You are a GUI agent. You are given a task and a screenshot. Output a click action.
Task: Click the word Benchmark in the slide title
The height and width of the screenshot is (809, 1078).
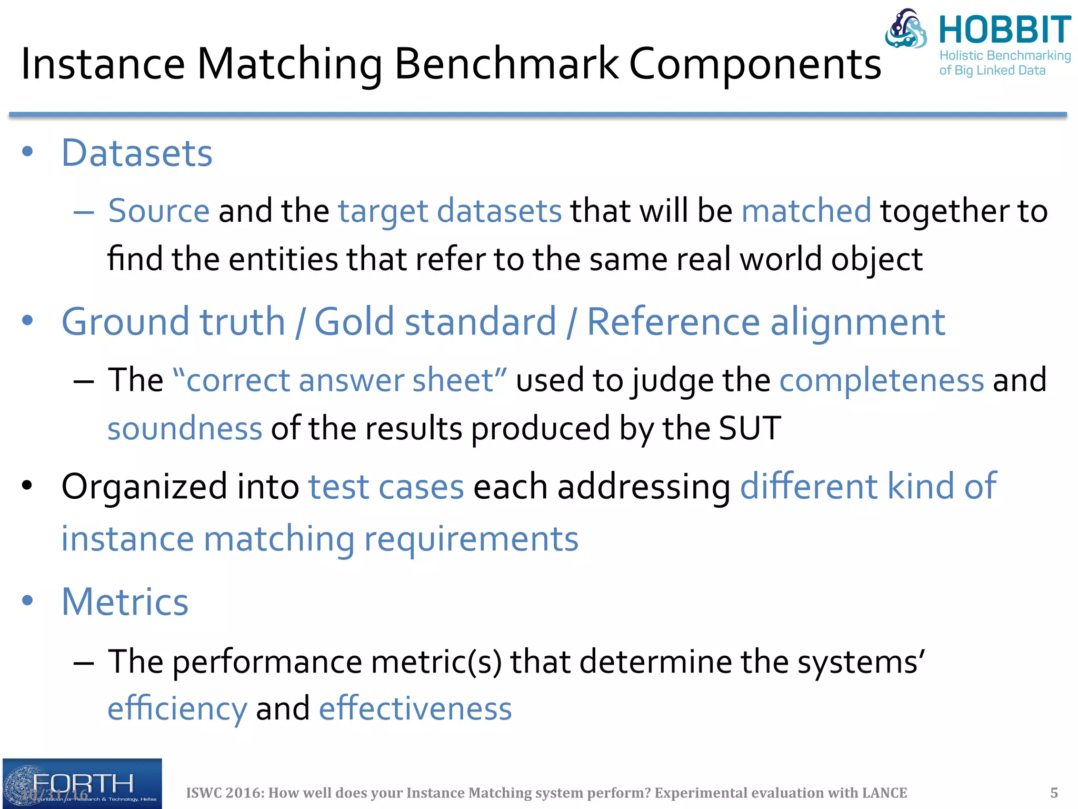[506, 64]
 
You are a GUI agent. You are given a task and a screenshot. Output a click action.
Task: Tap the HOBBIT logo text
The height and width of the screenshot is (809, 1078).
[1005, 30]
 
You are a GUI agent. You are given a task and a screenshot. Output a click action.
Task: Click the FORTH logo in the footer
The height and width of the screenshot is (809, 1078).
[82, 783]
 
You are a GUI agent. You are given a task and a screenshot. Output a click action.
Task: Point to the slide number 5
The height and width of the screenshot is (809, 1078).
[1054, 793]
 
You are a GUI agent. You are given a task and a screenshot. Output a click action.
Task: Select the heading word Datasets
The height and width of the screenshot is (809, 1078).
[137, 153]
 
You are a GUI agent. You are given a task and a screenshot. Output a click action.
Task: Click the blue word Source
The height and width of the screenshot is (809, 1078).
[159, 211]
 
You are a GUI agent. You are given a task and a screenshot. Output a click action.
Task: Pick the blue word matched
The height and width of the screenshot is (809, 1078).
[806, 211]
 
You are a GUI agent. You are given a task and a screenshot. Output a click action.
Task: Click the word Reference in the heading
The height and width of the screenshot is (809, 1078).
[673, 322]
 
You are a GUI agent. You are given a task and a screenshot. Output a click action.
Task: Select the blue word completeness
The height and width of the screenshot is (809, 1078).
[881, 380]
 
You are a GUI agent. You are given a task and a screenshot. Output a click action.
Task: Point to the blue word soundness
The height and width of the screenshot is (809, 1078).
[185, 428]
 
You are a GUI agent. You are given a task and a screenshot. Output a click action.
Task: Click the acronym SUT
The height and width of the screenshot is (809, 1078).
[750, 428]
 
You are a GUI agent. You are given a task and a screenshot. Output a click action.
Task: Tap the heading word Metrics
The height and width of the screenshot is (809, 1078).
[125, 601]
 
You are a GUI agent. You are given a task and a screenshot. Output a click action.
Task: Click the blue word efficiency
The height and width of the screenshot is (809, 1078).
[177, 708]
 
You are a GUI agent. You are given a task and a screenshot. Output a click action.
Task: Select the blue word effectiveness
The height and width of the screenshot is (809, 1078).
[415, 708]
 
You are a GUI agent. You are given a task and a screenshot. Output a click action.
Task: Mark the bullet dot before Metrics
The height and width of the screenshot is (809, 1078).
[27, 600]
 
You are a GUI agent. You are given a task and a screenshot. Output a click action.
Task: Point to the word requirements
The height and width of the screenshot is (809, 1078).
[471, 539]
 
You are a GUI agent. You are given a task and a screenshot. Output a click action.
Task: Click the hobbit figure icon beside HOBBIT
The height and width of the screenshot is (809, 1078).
[906, 29]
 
